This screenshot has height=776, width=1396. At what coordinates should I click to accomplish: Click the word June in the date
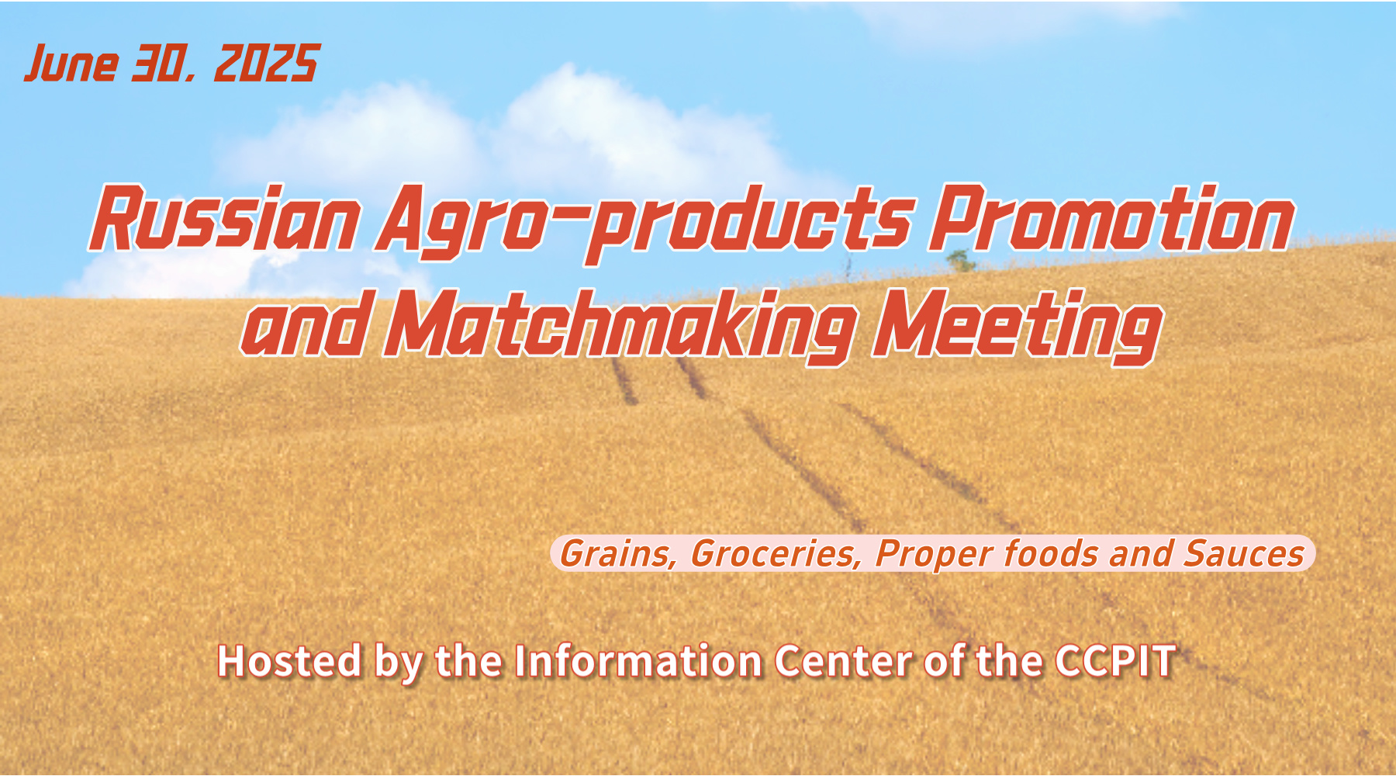71,63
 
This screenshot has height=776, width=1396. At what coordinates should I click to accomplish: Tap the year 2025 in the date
266,63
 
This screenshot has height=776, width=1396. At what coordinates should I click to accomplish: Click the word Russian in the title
224,219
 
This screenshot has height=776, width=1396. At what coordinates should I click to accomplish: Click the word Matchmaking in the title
621,325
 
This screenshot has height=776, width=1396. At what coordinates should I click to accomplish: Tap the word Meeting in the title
1017,325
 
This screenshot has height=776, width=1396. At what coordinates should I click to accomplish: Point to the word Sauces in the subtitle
1244,554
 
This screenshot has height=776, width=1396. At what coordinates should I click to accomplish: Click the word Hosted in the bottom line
289,661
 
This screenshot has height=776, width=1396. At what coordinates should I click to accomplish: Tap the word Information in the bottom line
638,661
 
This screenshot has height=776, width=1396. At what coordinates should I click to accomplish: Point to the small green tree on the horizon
962,261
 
